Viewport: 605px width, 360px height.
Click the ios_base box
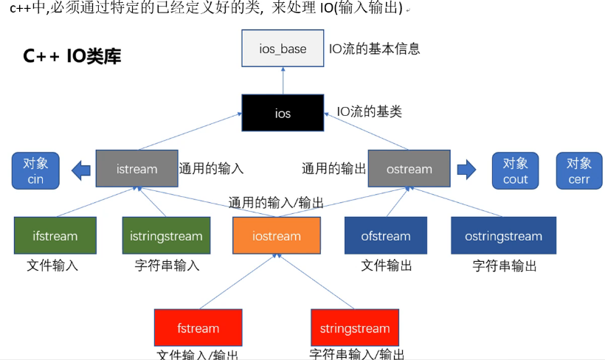pos(283,49)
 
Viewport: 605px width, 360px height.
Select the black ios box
pos(283,113)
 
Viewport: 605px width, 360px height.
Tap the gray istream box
pos(136,169)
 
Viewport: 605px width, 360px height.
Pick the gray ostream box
pos(409,169)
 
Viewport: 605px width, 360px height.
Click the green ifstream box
pos(55,236)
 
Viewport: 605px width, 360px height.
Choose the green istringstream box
pos(166,236)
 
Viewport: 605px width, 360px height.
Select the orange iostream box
pos(277,236)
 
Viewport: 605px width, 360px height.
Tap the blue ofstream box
pos(386,236)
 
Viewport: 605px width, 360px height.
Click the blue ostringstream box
pos(504,236)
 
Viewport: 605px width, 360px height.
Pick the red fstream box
pos(198,328)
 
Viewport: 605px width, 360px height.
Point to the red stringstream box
pos(355,328)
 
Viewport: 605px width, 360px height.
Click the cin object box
pos(36,171)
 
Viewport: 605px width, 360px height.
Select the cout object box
pos(516,171)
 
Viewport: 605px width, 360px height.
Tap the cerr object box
pos(579,171)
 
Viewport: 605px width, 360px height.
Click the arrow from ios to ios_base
pos(283,80)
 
